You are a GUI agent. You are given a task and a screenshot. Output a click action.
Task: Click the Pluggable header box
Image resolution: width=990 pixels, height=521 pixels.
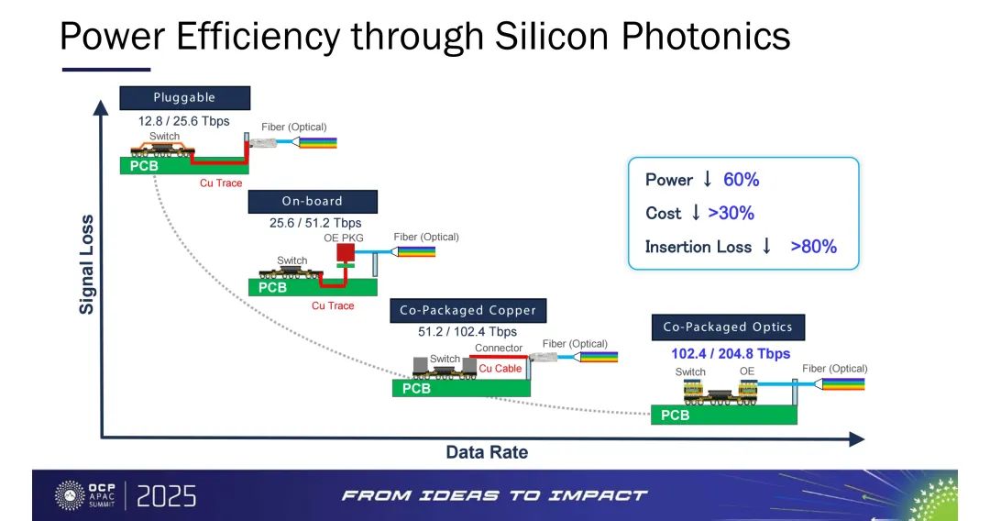(184, 98)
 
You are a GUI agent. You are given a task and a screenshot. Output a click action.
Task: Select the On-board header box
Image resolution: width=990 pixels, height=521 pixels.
(313, 202)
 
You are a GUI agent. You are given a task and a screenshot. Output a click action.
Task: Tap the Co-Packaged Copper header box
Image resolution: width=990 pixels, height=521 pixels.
(467, 310)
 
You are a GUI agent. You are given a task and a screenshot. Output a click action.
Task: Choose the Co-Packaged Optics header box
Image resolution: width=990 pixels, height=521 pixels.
(728, 327)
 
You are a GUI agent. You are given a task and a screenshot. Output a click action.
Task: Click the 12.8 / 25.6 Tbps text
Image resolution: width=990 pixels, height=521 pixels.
(183, 121)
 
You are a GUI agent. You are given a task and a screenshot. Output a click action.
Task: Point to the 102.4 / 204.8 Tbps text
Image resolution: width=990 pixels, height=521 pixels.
(731, 354)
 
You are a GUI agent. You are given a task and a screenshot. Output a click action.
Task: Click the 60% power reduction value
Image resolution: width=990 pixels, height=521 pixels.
(742, 180)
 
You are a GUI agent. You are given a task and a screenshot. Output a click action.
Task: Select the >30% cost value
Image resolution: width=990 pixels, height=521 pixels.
(731, 214)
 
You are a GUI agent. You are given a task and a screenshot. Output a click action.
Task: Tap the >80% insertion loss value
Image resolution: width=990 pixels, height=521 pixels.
(814, 247)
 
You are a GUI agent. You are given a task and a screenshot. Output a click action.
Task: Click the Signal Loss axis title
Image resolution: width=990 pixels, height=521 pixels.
(86, 264)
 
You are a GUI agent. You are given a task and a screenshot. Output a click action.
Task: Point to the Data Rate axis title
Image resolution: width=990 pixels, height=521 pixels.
(487, 452)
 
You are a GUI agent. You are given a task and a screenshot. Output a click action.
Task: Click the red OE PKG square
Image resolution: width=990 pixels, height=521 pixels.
(346, 253)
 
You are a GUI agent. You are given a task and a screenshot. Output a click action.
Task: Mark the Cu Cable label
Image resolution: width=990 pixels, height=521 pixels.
(500, 368)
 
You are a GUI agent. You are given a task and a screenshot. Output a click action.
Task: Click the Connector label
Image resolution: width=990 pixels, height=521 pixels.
(499, 348)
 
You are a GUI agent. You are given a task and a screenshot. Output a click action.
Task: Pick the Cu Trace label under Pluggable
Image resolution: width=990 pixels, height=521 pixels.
(221, 183)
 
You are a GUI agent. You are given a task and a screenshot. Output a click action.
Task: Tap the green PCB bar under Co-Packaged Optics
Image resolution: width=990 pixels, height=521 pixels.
(723, 415)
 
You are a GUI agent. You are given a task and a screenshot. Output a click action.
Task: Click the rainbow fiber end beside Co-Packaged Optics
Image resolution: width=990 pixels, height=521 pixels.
(843, 383)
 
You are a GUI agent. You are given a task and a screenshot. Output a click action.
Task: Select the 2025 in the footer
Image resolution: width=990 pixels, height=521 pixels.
(166, 496)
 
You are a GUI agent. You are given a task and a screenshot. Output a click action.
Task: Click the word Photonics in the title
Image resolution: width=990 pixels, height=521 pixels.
(706, 37)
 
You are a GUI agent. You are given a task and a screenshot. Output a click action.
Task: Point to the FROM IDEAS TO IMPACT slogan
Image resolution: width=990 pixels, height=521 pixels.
(494, 495)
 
